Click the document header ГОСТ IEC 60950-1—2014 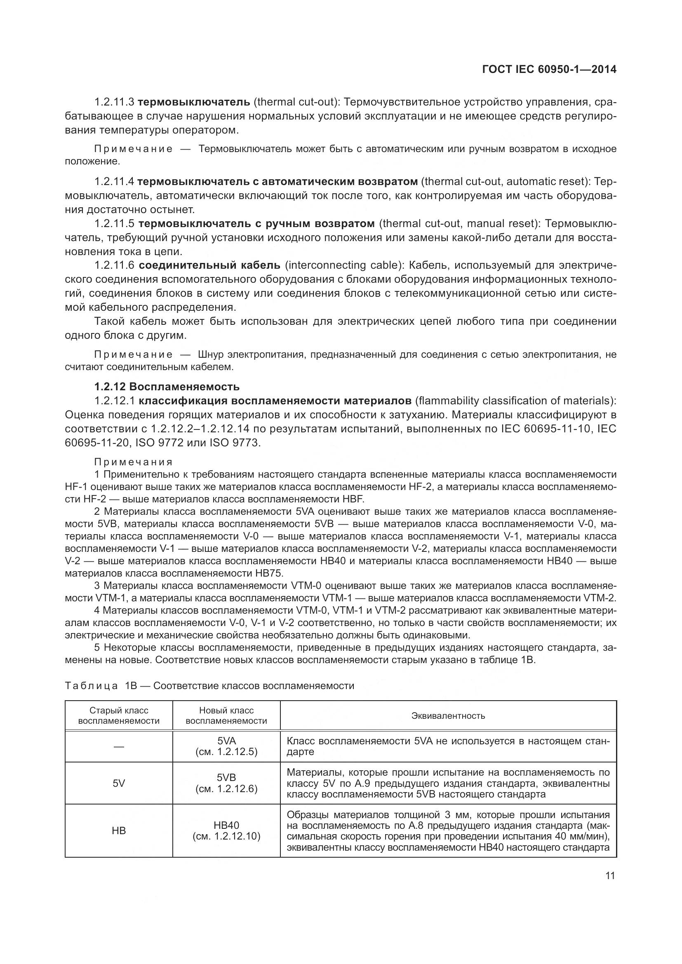[x=549, y=70]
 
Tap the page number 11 [x=610, y=876]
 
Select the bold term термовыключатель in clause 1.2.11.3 [x=194, y=102]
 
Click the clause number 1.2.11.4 [x=114, y=181]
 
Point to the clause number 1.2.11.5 [x=114, y=223]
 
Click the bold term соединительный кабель [x=209, y=265]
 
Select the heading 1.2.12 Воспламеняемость [x=167, y=386]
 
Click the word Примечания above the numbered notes [x=134, y=462]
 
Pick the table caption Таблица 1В [x=101, y=686]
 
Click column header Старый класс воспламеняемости [x=119, y=715]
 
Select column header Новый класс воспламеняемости [x=226, y=715]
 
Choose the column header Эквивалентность [x=448, y=716]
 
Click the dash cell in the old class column [x=119, y=746]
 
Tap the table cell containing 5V [x=119, y=783]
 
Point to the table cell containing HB [x=119, y=830]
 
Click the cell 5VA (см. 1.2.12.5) [x=226, y=746]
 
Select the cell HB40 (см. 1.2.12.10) [x=226, y=830]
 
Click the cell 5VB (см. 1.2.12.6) [x=226, y=783]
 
